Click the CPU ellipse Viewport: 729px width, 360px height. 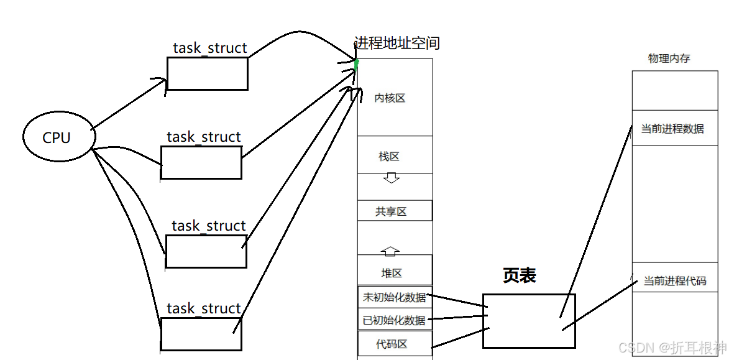click(x=57, y=137)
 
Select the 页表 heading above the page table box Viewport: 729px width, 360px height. click(x=519, y=276)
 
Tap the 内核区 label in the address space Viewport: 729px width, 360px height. click(x=390, y=98)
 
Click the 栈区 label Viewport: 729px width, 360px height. click(x=389, y=157)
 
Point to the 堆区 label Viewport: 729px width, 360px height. click(x=392, y=273)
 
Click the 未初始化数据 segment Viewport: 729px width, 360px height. click(x=395, y=297)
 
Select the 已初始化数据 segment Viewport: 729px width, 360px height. click(x=395, y=320)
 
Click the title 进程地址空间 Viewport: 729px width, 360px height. click(x=397, y=43)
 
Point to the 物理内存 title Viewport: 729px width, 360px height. click(x=669, y=58)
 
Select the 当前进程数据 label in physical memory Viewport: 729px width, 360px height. click(x=672, y=129)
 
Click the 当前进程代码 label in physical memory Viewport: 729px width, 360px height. click(x=674, y=281)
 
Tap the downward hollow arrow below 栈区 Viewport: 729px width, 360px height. click(x=391, y=178)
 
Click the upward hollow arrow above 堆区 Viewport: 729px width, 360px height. click(x=390, y=251)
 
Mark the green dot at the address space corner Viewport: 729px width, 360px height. click(x=357, y=63)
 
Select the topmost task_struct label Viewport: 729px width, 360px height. click(x=210, y=48)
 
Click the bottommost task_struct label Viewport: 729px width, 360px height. click(x=204, y=308)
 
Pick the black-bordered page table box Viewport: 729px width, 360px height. click(x=529, y=321)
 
